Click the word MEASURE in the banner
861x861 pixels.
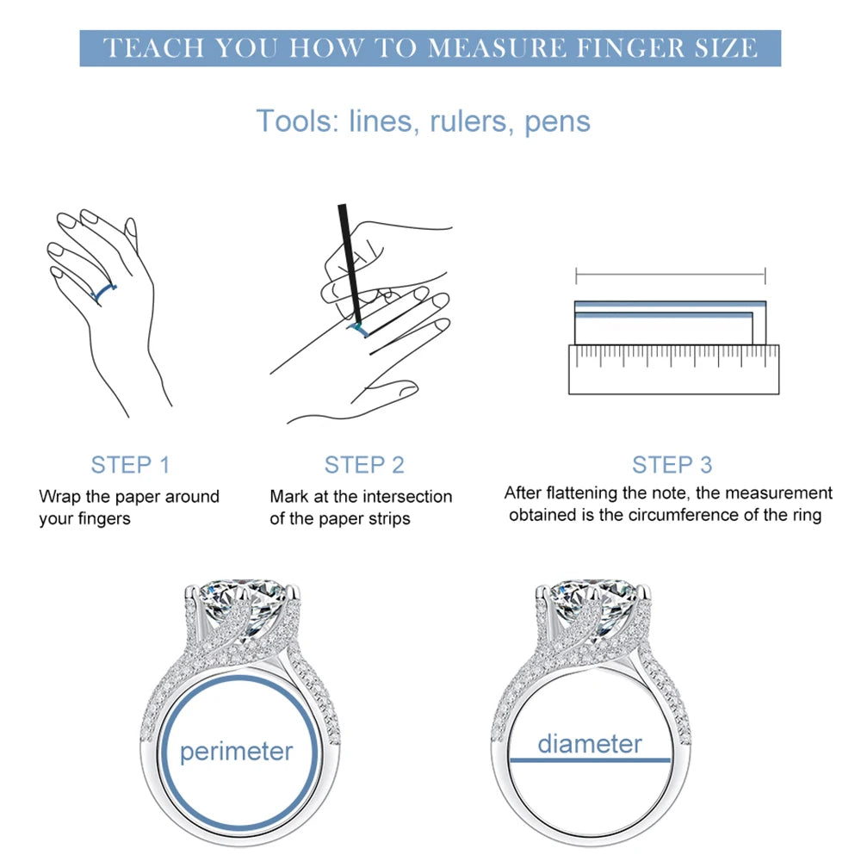[497, 47]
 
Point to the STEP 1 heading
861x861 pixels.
[130, 465]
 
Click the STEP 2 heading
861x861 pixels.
[364, 465]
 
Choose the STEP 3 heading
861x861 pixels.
[672, 465]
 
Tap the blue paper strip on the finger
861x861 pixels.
[103, 294]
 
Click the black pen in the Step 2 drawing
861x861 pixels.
[350, 263]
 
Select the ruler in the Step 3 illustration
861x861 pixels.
[674, 369]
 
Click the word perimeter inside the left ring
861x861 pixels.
[237, 751]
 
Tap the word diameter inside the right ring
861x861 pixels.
[590, 744]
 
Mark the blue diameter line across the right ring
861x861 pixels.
[591, 760]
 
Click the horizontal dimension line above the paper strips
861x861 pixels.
[671, 274]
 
